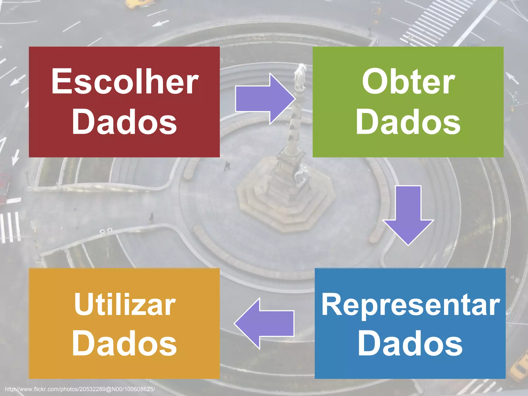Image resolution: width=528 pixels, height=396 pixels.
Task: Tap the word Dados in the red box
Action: coord(124,122)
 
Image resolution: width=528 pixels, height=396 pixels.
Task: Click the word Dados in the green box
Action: coord(408,122)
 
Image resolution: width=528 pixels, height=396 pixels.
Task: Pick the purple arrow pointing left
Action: coord(264,324)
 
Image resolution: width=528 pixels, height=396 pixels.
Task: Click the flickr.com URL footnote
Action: coord(80,389)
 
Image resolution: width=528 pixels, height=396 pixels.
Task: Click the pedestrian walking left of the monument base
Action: coord(227,166)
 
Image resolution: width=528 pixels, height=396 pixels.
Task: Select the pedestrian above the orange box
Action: coord(152,217)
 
